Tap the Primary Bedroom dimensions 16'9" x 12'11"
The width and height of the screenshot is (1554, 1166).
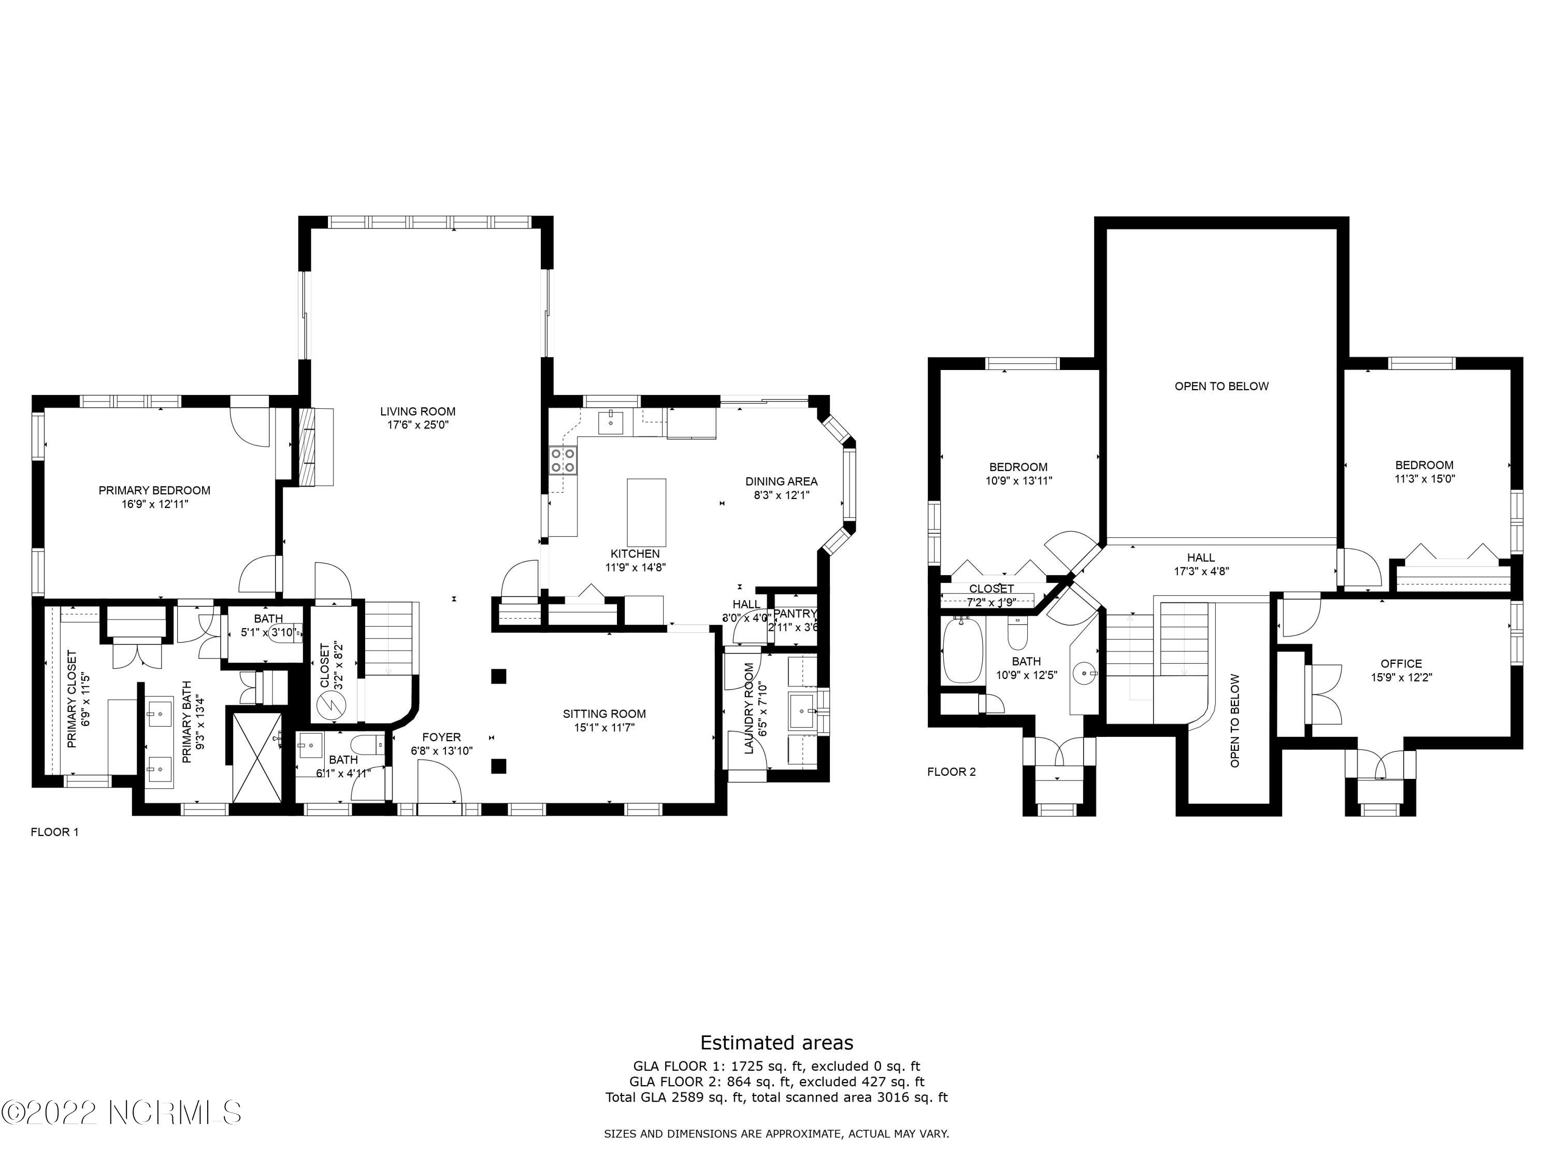point(154,504)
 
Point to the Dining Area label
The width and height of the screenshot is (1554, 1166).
point(781,481)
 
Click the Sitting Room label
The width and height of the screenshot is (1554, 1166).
point(603,714)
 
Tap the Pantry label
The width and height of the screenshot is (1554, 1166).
point(795,614)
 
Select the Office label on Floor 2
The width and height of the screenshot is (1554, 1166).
point(1401,663)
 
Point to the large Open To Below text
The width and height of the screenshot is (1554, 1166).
point(1221,386)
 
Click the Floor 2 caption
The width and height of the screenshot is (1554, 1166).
point(951,772)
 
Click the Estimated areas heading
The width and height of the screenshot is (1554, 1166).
point(776,1042)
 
